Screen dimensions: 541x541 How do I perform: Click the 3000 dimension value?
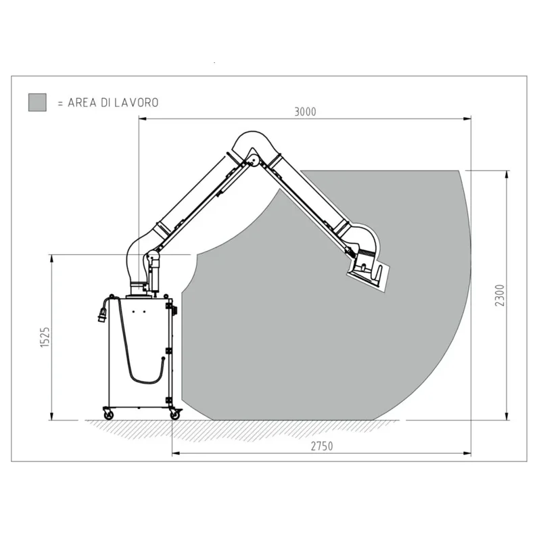pos(305,112)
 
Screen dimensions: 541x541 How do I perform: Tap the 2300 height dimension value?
pos(500,296)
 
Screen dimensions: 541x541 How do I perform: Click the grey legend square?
pos(37,102)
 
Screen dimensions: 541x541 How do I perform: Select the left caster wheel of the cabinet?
pos(108,412)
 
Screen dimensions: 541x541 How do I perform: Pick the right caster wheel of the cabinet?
pos(175,414)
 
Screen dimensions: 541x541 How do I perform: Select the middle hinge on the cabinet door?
pos(169,350)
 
